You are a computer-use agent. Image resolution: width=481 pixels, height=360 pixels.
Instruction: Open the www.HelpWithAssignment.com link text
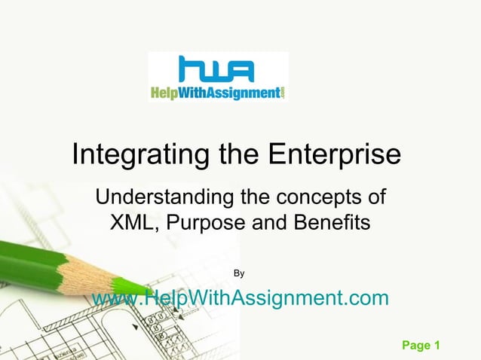tap(240, 298)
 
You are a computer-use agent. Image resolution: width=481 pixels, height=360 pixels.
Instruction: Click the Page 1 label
tap(421, 346)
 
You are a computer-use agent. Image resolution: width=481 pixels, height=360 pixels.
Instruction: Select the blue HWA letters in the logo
tap(217, 71)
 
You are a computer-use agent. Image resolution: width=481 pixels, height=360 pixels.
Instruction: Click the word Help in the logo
tap(166, 93)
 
